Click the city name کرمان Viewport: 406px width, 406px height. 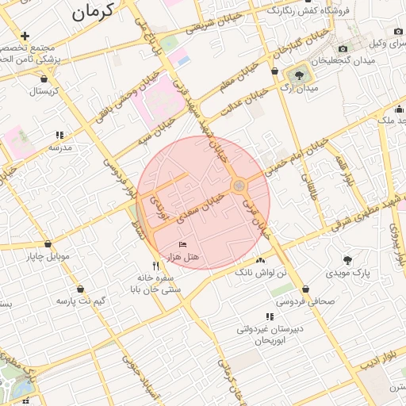92,10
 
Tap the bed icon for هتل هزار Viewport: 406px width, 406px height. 183,245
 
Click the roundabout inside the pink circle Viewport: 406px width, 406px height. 239,186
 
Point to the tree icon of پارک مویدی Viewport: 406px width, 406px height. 347,259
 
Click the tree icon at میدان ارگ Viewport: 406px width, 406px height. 299,75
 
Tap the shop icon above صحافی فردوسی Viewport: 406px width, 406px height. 306,289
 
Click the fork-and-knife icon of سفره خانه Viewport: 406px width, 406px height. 156,266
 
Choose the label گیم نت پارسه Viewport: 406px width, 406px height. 81,302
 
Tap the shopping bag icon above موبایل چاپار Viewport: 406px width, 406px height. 48,244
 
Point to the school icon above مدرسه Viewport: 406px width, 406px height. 59,136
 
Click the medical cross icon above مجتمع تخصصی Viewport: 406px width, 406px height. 26,36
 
